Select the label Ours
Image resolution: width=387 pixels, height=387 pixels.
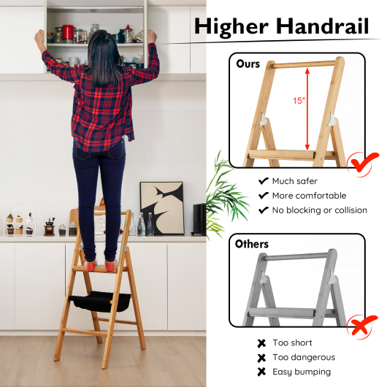[x=248, y=64]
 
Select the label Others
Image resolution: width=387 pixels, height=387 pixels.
[x=253, y=244]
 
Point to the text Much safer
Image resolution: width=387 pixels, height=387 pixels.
[x=294, y=181]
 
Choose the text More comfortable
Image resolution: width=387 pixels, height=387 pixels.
[x=309, y=196]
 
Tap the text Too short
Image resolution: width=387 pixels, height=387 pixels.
[x=291, y=342]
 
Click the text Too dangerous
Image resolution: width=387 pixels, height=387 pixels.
[x=303, y=357]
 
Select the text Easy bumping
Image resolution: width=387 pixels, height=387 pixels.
[x=301, y=372]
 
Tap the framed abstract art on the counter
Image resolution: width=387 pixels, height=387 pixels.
[x=161, y=207]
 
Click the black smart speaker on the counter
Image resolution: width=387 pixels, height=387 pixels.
[x=199, y=218]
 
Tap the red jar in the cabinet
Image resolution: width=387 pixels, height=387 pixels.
[x=68, y=31]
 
